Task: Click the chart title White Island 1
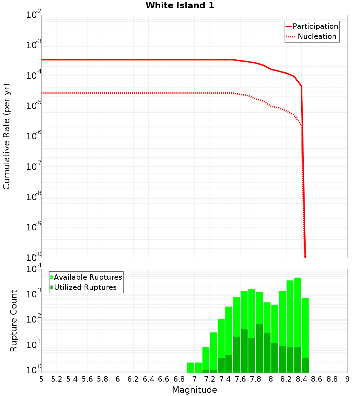180,6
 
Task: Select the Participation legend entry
315,26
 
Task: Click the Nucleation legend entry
317,36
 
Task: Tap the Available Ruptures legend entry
88,277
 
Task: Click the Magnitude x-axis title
194,390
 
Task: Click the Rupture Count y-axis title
14,321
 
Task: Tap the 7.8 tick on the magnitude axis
256,379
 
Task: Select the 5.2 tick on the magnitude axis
57,379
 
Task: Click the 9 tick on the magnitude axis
347,379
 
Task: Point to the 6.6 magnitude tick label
164,379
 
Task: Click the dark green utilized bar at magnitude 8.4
305,365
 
